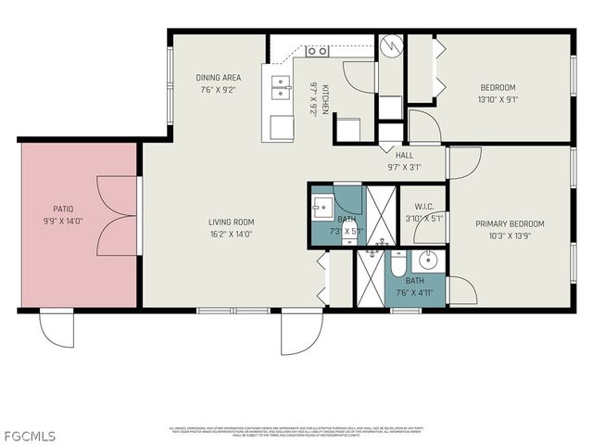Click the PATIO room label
point(62,210)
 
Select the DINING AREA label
point(219,77)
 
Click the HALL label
point(404,155)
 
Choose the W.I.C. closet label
point(425,207)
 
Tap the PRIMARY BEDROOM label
point(510,223)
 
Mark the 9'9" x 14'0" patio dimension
point(62,222)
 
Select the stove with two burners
point(318,51)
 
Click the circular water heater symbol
point(391,45)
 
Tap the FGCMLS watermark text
point(29,435)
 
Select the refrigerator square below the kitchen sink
point(279,128)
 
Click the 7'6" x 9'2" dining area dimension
point(219,90)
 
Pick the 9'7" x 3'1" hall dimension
point(404,167)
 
